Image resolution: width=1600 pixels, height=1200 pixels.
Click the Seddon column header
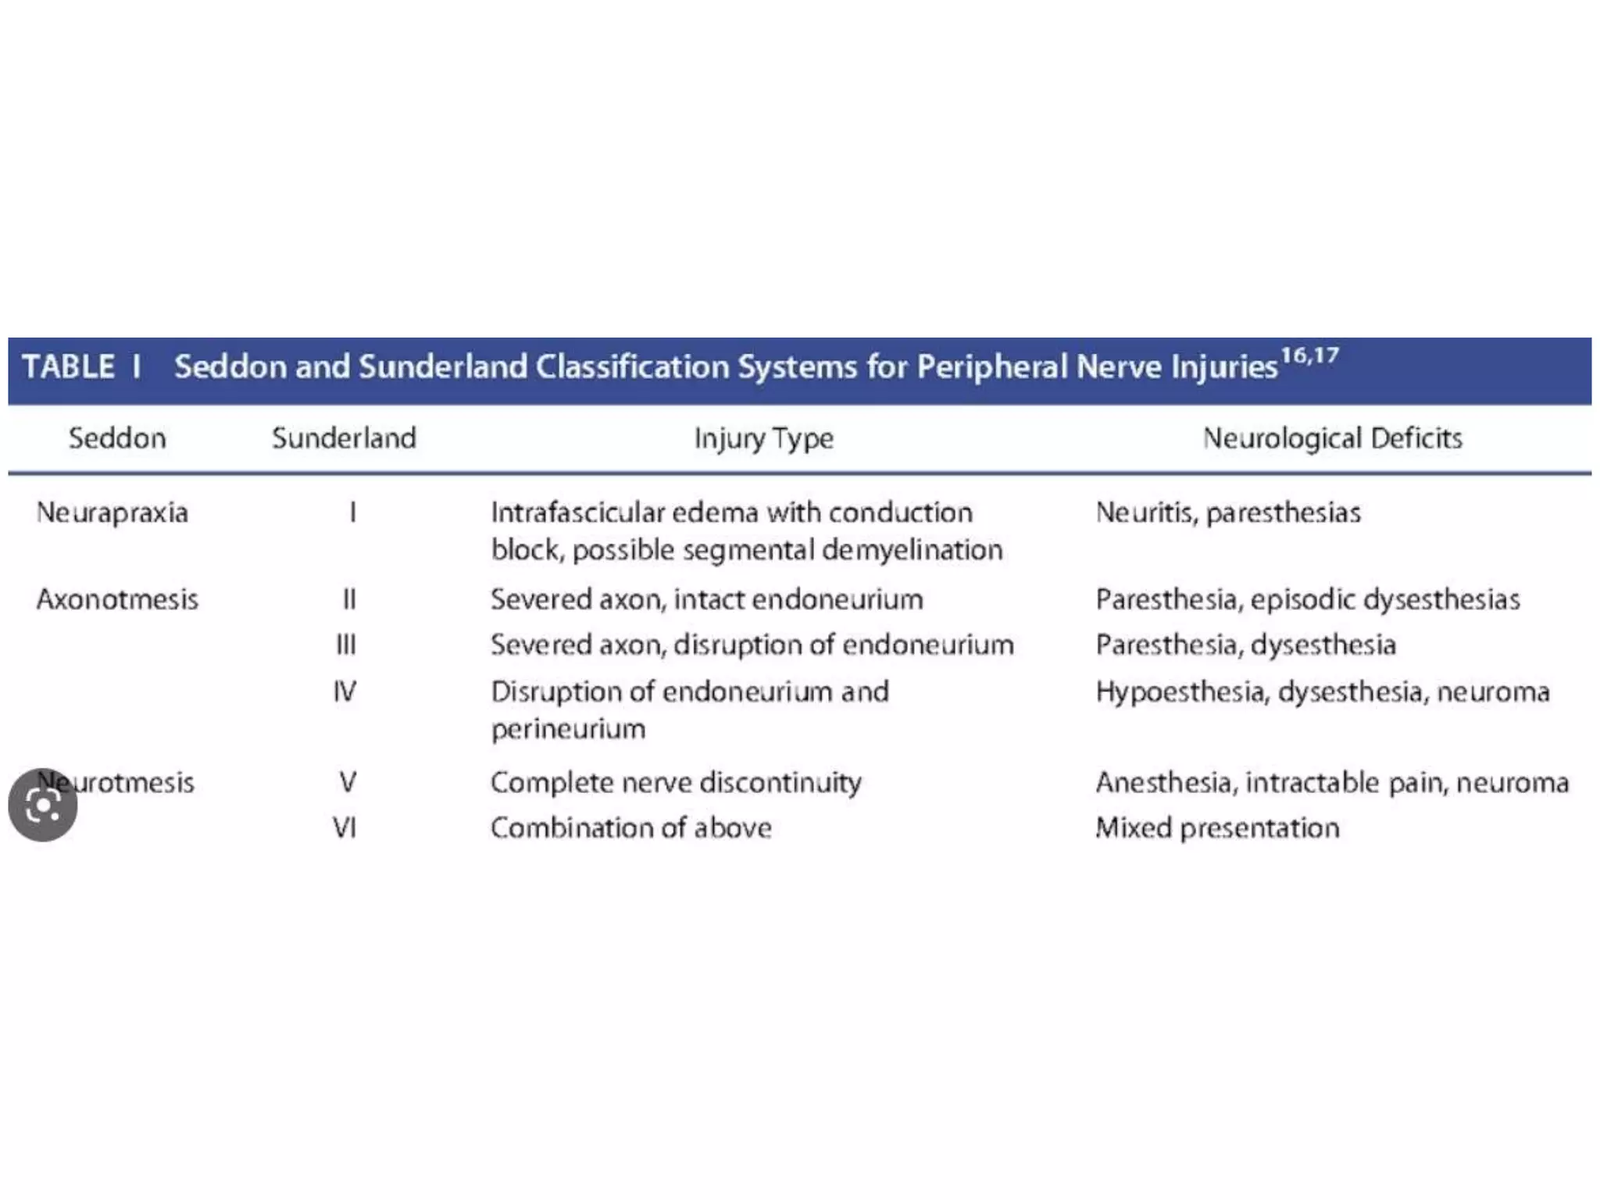pyautogui.click(x=117, y=438)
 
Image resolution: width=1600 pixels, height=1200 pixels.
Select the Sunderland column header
pyautogui.click(x=344, y=438)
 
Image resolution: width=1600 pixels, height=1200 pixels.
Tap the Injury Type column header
pyautogui.click(x=764, y=438)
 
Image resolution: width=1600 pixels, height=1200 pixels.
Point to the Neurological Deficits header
pyautogui.click(x=1332, y=438)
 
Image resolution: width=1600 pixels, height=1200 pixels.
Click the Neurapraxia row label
pyautogui.click(x=112, y=513)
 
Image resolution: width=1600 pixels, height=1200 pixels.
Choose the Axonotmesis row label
pyautogui.click(x=117, y=600)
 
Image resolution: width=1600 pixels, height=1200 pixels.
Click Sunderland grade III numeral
pyautogui.click(x=346, y=645)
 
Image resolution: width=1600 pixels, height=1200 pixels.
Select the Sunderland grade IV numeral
pyautogui.click(x=345, y=692)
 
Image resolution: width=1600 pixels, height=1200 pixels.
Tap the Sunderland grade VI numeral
pyautogui.click(x=345, y=828)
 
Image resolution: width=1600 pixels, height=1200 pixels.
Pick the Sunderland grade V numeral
pyautogui.click(x=348, y=783)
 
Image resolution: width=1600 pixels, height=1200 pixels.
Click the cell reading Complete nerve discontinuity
pyautogui.click(x=676, y=783)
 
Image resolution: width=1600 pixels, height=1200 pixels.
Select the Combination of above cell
pyautogui.click(x=630, y=828)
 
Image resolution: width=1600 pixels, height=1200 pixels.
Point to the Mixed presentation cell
pyautogui.click(x=1217, y=828)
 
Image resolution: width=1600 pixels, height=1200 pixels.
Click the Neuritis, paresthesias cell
pyautogui.click(x=1228, y=513)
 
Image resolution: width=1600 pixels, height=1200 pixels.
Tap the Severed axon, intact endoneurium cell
pyautogui.click(x=706, y=600)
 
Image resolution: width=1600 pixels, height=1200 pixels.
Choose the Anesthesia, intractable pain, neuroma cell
pyautogui.click(x=1332, y=783)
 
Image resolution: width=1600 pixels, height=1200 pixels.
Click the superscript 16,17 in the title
pyautogui.click(x=1310, y=356)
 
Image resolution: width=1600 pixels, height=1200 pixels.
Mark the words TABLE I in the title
pyautogui.click(x=81, y=367)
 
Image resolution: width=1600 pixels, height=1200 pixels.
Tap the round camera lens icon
pyautogui.click(x=43, y=805)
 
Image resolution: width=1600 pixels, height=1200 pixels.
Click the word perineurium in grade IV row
pyautogui.click(x=568, y=730)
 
